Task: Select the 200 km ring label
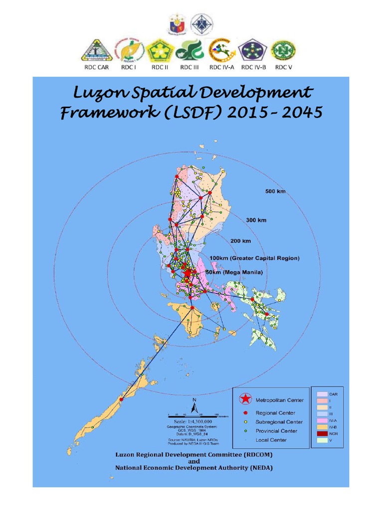tap(240, 241)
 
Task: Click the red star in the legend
tap(245, 399)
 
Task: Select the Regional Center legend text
tap(275, 413)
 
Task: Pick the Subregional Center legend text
tap(279, 422)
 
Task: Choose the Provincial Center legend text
tap(276, 431)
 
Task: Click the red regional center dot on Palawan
tap(121, 398)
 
